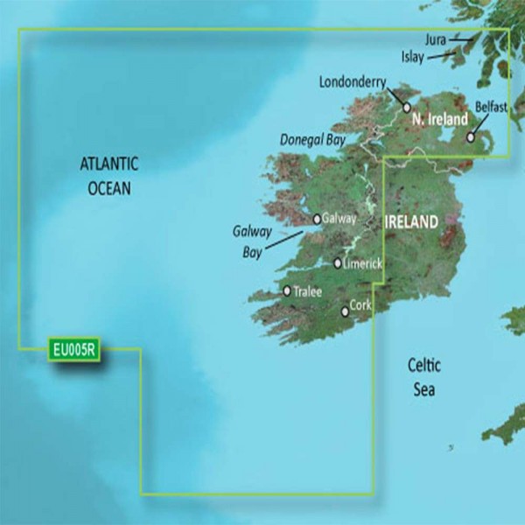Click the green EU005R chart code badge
[x=74, y=350]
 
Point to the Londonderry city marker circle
[x=406, y=107]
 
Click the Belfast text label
[x=490, y=106]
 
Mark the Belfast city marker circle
[x=471, y=136]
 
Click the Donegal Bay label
[x=312, y=139]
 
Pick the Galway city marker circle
[x=317, y=220]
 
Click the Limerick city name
[x=365, y=262]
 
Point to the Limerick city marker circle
[x=339, y=262]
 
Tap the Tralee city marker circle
[x=287, y=290]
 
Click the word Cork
[x=361, y=306]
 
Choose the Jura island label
[x=435, y=39]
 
